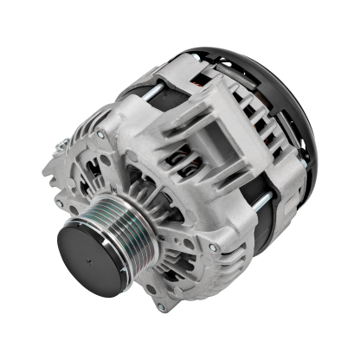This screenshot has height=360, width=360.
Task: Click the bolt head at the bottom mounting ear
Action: coord(161,305)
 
